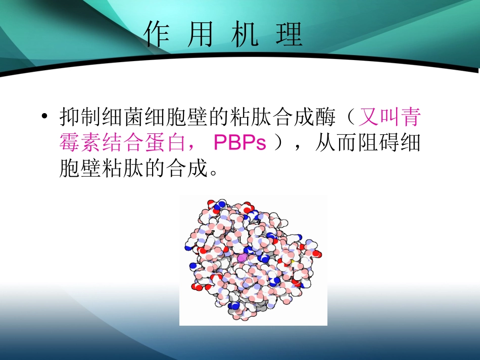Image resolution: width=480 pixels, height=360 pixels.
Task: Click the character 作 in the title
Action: click(157, 35)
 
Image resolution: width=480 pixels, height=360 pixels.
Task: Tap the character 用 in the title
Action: click(200, 35)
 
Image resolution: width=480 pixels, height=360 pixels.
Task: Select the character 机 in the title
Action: click(245, 35)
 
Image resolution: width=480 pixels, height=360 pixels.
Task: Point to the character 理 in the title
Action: click(289, 35)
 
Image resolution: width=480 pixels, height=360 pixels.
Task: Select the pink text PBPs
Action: click(239, 143)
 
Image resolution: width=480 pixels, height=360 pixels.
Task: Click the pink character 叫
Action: click(389, 118)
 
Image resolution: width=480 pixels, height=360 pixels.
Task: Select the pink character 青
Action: click(410, 118)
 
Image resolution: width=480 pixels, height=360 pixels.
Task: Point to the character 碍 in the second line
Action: click(389, 143)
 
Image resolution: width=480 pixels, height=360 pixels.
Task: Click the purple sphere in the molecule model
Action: click(242, 258)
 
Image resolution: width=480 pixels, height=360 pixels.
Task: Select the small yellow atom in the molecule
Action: click(292, 262)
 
